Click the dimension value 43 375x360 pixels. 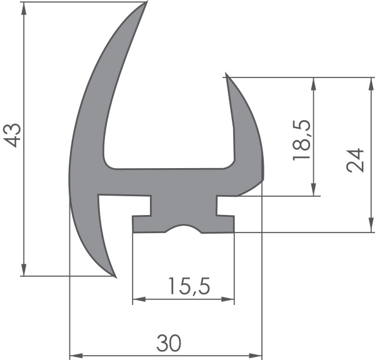click(x=12, y=136)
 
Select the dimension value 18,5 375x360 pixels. click(x=302, y=140)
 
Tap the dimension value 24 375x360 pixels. click(x=355, y=160)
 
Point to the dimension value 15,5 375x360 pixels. click(x=189, y=286)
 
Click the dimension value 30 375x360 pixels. click(x=169, y=342)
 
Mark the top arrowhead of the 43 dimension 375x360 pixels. click(x=24, y=9)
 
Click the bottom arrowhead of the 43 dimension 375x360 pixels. click(x=24, y=269)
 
